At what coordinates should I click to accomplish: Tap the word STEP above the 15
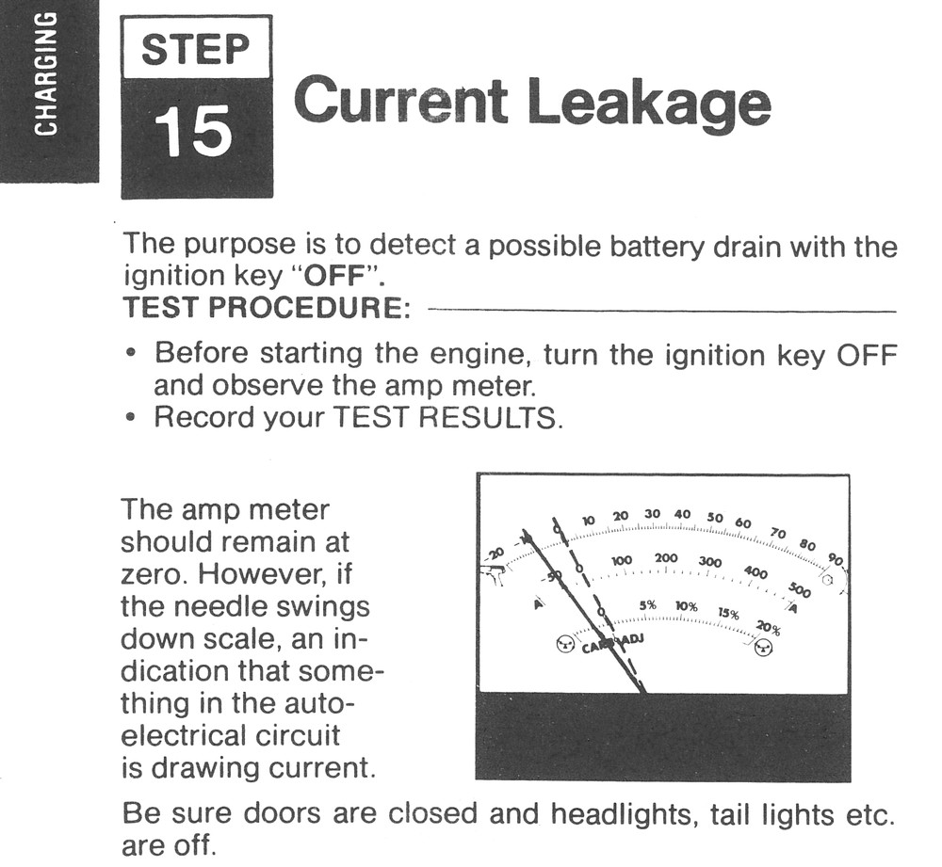point(196,49)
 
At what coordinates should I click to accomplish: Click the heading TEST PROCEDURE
point(267,308)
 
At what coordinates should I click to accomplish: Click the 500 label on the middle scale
point(799,590)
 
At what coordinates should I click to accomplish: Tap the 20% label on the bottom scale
point(769,628)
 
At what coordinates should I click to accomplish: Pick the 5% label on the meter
point(648,606)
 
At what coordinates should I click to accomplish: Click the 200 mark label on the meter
point(666,558)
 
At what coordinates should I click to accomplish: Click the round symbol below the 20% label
point(764,648)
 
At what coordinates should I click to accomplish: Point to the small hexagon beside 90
point(827,581)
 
